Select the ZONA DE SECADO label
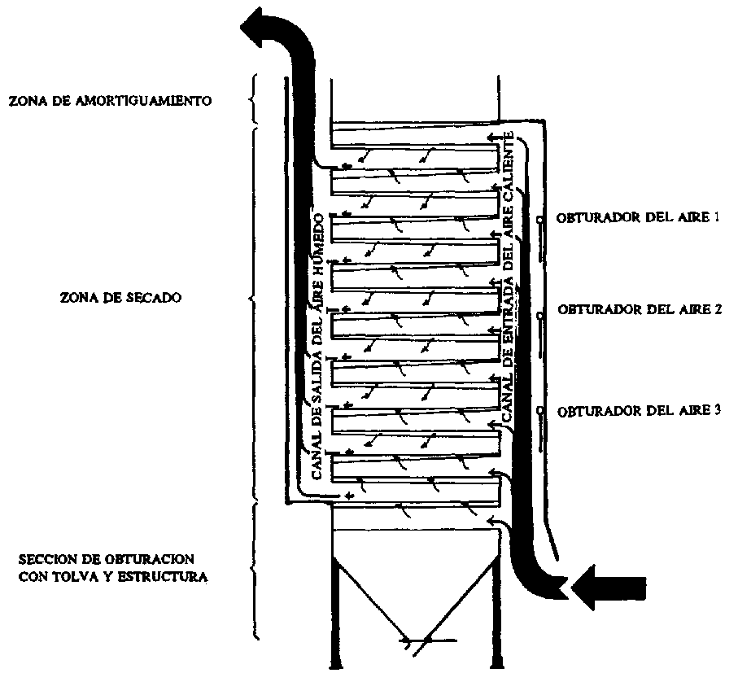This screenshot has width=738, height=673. click(120, 298)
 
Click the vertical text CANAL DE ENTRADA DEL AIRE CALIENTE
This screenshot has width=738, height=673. click(509, 277)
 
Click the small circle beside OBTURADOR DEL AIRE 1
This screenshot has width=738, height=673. click(539, 220)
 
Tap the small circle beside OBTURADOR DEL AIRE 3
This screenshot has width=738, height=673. click(539, 412)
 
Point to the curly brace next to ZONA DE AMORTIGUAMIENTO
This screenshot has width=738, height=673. click(253, 99)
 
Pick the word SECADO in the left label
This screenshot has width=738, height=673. click(152, 298)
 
